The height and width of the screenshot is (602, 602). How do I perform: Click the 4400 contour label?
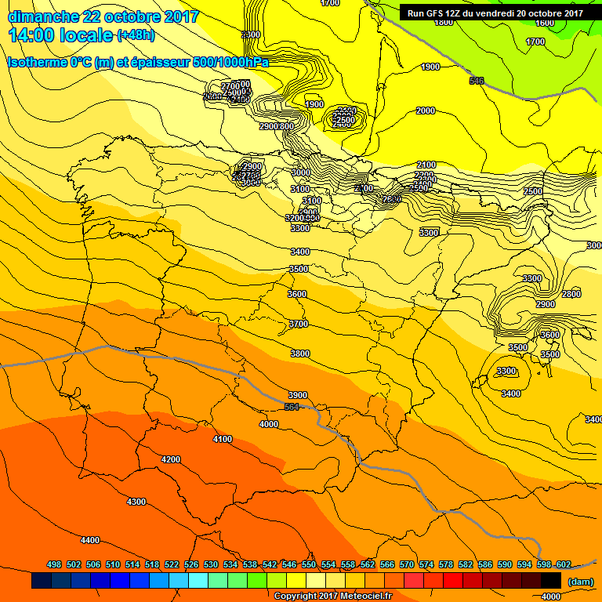pos(90,540)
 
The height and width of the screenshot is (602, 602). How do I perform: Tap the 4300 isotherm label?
pos(136,502)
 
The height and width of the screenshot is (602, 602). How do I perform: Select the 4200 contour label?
pos(170,459)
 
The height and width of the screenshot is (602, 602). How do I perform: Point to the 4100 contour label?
pos(223,439)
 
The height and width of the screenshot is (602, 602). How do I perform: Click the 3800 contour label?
pos(300,354)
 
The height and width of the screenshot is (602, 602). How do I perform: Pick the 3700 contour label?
pos(299,324)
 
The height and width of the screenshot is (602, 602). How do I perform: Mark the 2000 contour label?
pos(426,111)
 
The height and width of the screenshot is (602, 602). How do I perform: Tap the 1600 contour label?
pos(545,23)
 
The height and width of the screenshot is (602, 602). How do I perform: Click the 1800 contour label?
pos(444,22)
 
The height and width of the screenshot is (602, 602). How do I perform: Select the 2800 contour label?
pos(571,294)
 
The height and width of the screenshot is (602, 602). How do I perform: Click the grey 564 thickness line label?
pos(292,408)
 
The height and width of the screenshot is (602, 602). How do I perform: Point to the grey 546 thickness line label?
pos(477,81)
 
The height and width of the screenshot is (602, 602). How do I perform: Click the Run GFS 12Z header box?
pos(495,13)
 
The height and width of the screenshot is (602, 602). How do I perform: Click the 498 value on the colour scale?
pos(54,564)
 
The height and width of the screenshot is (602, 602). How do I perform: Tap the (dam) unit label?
pos(580,581)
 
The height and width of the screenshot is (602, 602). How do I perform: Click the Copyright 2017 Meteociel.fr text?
pos(332,596)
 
